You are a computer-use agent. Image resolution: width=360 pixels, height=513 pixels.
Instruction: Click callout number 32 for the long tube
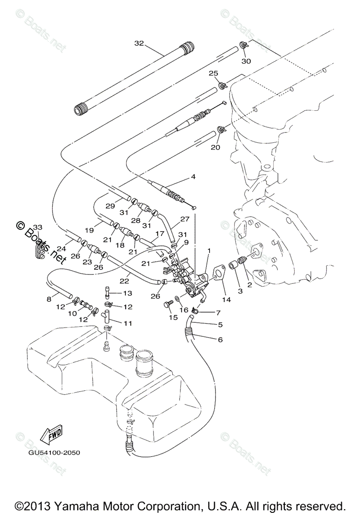point(139,44)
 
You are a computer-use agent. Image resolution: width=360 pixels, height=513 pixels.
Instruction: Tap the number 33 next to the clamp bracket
point(38,227)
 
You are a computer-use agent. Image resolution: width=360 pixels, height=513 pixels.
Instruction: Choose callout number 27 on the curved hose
point(184,219)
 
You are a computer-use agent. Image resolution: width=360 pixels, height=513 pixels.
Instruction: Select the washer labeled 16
point(177,309)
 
